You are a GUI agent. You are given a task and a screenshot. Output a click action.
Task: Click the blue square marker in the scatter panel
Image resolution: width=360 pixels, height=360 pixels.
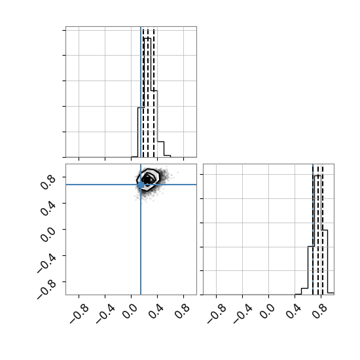pyautogui.click(x=141, y=185)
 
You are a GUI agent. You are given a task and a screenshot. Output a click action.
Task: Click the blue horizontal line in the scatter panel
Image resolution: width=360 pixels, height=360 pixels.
pyautogui.click(x=131, y=185)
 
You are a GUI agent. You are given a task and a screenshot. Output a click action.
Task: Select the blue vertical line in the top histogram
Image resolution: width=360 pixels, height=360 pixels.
pyautogui.click(x=141, y=92)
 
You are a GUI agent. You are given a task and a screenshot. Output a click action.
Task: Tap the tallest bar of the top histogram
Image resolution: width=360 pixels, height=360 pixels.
pyautogui.click(x=147, y=98)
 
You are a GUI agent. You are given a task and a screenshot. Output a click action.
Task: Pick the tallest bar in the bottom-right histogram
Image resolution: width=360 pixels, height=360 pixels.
pyautogui.click(x=317, y=235)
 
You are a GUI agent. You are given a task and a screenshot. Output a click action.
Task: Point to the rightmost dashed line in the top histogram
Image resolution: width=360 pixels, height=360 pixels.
pyautogui.click(x=154, y=92)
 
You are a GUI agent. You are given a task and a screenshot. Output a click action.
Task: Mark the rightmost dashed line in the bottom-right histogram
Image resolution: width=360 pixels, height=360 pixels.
pyautogui.click(x=323, y=229)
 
